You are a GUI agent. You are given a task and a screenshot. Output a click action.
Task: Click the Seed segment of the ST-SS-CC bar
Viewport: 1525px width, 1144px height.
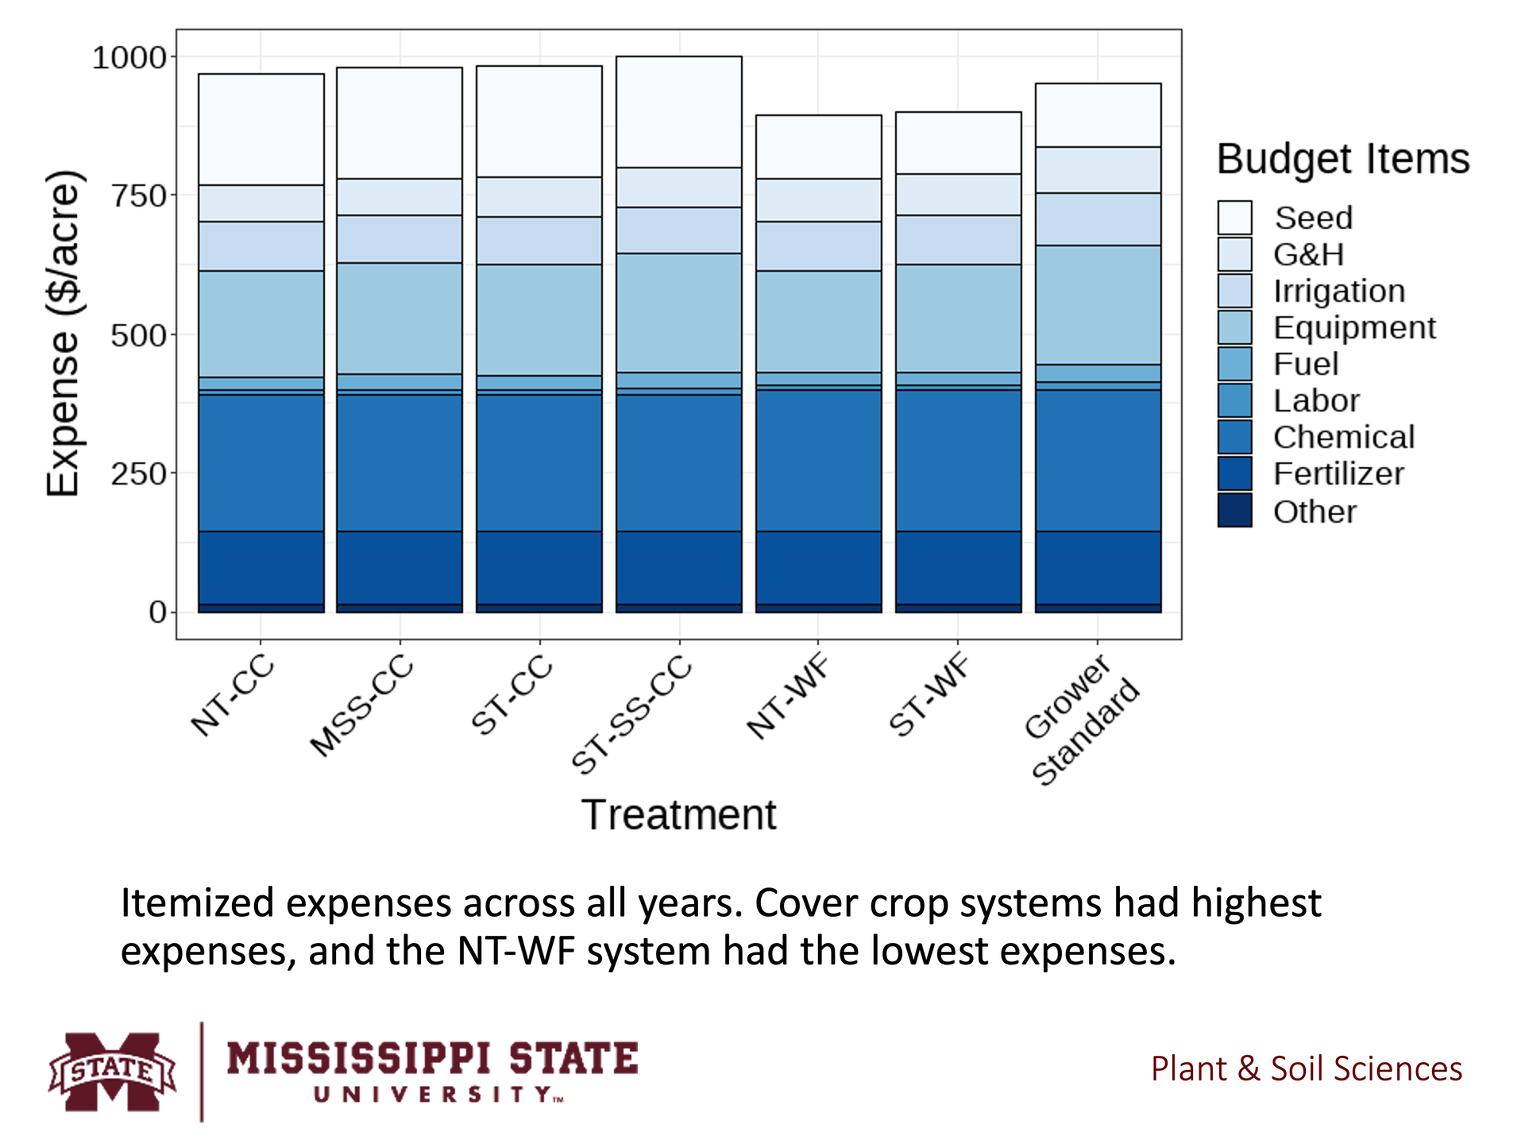tap(678, 111)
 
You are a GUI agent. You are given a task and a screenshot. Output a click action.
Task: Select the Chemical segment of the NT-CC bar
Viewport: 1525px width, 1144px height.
tap(261, 462)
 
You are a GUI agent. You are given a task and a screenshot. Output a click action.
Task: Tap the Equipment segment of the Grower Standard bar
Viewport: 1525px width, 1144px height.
tap(1098, 304)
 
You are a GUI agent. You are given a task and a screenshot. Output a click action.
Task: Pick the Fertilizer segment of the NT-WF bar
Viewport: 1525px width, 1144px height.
tap(818, 567)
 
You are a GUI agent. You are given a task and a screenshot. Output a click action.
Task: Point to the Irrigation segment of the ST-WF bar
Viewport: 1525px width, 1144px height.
tap(958, 239)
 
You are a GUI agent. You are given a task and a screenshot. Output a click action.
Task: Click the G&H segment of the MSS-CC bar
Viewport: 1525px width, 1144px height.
tap(400, 196)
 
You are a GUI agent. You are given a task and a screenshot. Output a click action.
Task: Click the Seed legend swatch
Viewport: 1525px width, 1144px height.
tap(1234, 218)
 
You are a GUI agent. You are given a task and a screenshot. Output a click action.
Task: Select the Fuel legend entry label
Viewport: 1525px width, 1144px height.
tap(1306, 364)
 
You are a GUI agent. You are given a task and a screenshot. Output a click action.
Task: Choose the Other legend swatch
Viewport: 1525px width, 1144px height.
tap(1234, 510)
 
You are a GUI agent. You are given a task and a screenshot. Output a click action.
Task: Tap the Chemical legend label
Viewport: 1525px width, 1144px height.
tap(1344, 437)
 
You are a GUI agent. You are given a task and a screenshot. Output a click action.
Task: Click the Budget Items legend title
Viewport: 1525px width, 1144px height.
tap(1343, 159)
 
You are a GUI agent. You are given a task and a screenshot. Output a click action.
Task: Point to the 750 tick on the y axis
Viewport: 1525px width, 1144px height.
tap(138, 195)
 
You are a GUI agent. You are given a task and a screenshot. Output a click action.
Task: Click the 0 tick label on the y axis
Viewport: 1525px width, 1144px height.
tap(157, 612)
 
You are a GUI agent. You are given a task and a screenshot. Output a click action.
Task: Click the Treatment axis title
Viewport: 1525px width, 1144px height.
tap(678, 815)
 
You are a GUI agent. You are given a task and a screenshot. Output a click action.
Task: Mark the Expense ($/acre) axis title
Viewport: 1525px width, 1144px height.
tap(64, 334)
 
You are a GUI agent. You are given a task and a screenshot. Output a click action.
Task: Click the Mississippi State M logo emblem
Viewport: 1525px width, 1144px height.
tap(112, 1071)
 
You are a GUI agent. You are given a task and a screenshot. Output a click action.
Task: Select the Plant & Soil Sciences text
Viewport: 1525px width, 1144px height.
tap(1306, 1069)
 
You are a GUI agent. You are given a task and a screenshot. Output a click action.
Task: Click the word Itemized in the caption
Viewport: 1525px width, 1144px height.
tap(197, 903)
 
